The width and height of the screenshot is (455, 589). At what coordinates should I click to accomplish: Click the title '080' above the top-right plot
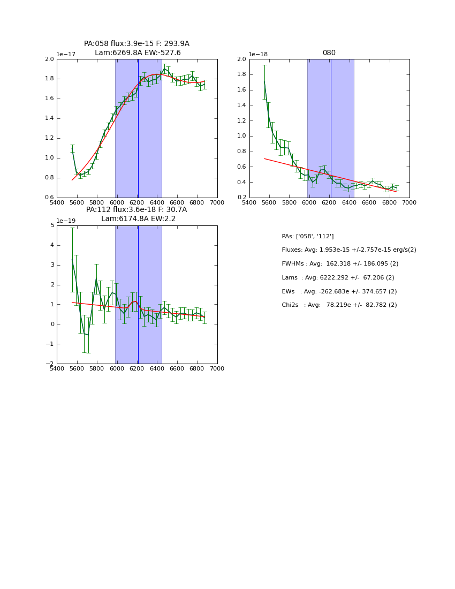329,52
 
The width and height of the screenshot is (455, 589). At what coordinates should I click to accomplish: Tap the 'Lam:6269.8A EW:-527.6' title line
138,52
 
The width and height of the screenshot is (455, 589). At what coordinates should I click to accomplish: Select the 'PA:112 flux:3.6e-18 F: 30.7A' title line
136,209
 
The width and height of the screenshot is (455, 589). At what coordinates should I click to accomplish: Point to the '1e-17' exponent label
66,55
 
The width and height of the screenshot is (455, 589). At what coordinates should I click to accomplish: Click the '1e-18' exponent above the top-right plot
259,55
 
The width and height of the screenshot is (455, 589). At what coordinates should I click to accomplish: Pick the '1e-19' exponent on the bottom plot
66,221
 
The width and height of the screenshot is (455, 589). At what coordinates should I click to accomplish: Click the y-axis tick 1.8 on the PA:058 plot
49,79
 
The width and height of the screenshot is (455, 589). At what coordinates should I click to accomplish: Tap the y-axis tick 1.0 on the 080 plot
241,136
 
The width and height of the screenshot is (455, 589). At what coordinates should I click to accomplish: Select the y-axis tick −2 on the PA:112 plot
49,364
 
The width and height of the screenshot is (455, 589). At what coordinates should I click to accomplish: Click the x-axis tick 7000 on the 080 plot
409,203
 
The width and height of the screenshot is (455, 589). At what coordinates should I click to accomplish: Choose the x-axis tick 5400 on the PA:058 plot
57,203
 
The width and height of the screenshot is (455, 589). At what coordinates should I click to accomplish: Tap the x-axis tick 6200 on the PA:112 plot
137,369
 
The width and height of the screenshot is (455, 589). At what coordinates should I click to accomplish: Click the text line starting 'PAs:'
307,236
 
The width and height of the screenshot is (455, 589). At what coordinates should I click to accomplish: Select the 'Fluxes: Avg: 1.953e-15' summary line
348,250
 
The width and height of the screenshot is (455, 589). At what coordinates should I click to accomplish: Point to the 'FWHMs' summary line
340,264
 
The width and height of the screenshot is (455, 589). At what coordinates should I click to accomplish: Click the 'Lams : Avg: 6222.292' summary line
338,278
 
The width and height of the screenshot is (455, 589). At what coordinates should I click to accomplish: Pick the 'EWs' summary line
339,292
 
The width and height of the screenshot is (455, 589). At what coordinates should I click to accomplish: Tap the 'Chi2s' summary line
339,305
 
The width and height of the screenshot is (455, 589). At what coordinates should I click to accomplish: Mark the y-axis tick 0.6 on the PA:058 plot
49,198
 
